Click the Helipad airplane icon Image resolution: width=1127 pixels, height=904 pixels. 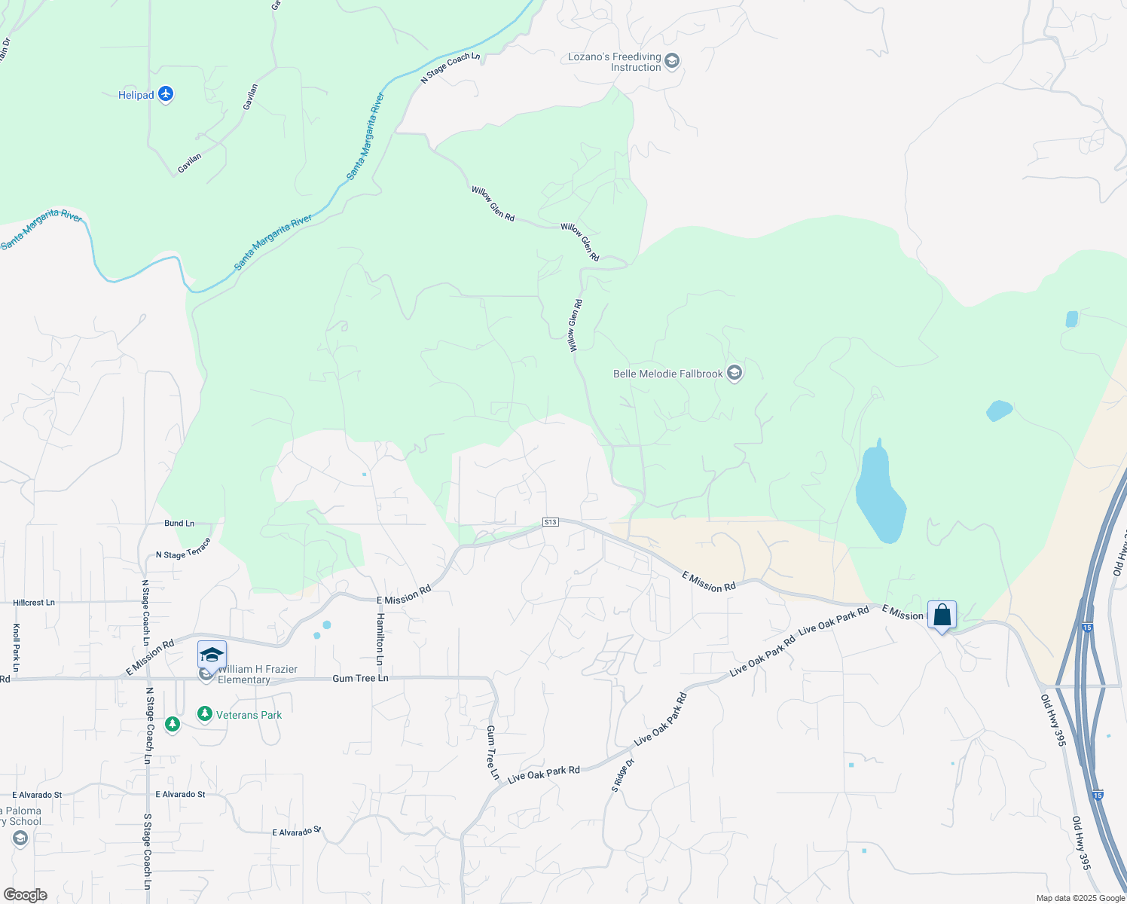pos(166,94)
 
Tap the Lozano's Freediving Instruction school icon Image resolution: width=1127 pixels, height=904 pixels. pos(672,61)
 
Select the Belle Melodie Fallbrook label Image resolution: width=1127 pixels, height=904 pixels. pos(667,374)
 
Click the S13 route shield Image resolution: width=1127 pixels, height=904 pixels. pos(551,522)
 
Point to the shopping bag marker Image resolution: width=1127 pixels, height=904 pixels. pos(942,615)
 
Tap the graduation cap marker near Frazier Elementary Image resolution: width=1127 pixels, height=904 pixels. pos(212,654)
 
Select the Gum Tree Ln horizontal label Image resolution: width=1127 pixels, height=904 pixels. pos(360,678)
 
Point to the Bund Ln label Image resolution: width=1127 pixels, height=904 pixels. pos(179,523)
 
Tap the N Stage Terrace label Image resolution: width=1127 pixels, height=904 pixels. pos(183,549)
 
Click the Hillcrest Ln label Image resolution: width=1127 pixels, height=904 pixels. pos(34,603)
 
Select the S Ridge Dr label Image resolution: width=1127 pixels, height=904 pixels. pos(623,776)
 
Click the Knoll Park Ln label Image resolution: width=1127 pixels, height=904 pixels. pos(16,648)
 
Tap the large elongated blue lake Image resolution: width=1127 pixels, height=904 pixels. pos(878,493)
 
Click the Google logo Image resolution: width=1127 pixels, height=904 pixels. pos(26,895)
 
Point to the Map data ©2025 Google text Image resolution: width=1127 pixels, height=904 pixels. pos(1080,898)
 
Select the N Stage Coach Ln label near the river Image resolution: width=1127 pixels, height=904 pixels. pos(450,68)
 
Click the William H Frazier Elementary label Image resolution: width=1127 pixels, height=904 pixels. pos(257,674)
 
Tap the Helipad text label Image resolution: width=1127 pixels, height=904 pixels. pos(136,95)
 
